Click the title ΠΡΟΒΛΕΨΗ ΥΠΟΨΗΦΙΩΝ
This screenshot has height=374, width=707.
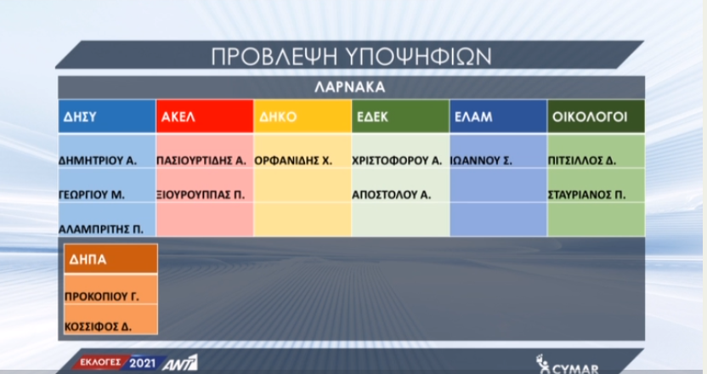(351, 56)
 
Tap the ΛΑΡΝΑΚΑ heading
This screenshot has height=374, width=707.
(350, 87)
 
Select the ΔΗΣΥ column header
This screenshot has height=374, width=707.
(107, 116)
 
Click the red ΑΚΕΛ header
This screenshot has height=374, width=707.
(205, 116)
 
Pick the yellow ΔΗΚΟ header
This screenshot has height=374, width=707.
(303, 116)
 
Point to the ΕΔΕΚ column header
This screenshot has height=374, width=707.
(400, 116)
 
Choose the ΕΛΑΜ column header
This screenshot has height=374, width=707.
(498, 116)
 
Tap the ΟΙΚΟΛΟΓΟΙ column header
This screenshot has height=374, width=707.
(596, 116)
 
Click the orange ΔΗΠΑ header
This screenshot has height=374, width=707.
(111, 259)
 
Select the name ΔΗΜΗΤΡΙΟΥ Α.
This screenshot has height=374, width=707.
(98, 161)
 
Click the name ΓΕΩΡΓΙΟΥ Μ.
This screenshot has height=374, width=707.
(92, 195)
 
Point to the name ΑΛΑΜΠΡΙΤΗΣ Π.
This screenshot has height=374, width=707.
(101, 229)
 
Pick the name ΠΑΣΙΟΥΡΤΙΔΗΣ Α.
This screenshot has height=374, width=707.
(201, 161)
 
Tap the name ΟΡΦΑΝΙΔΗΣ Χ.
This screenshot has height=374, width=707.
(293, 161)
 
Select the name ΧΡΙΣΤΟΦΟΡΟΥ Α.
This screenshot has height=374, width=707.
(397, 161)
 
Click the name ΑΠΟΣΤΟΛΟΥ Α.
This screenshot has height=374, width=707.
(392, 195)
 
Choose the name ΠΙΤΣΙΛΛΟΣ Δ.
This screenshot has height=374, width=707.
(582, 161)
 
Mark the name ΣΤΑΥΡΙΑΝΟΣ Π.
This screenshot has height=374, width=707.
(586, 195)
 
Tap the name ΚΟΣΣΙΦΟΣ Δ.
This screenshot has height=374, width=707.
(99, 326)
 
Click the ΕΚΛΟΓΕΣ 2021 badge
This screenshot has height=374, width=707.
(118, 363)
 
